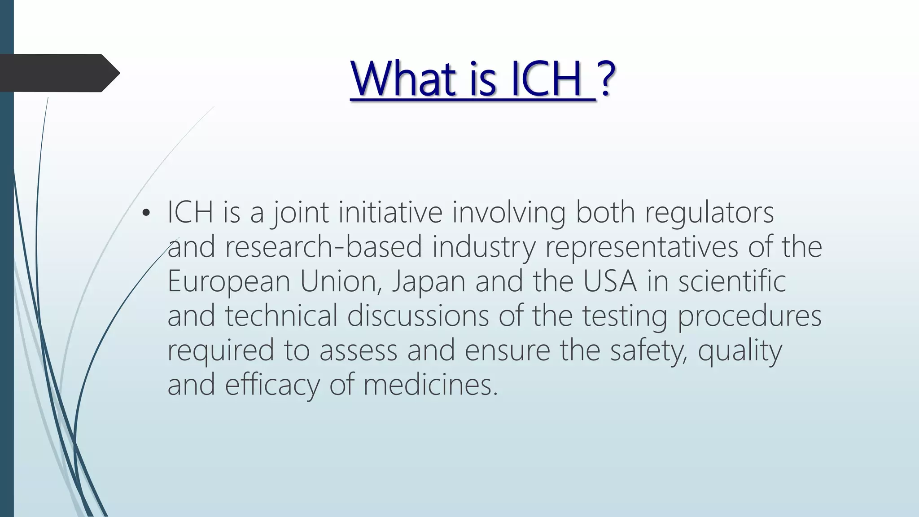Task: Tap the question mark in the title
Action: point(606,79)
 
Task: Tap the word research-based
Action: point(324,247)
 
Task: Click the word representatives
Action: point(641,247)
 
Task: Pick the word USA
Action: point(610,281)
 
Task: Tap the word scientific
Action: point(731,281)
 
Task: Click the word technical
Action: point(281,315)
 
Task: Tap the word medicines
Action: point(430,385)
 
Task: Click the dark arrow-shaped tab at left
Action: point(58,73)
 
